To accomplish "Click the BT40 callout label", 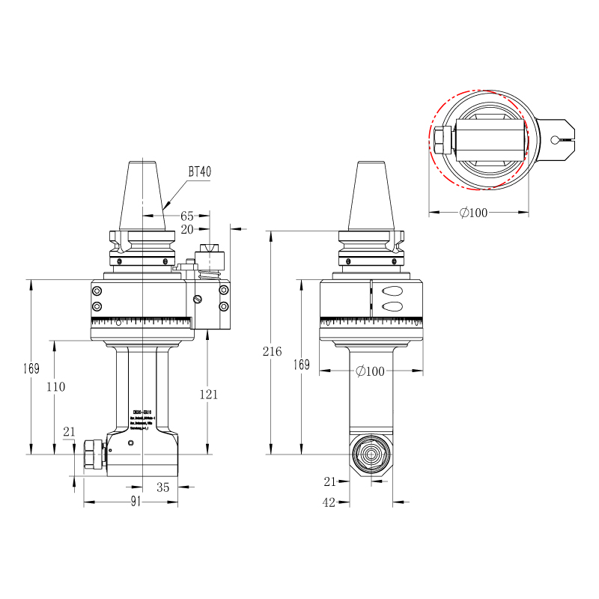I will [x=200, y=171].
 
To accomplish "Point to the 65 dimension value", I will [x=187, y=216].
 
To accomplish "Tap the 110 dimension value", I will [x=55, y=387].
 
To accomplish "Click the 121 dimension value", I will [x=208, y=394].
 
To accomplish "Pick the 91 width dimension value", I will [x=136, y=502].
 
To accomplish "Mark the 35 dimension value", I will [x=163, y=487].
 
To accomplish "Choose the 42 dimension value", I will [x=329, y=502].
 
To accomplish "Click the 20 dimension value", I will [x=186, y=229].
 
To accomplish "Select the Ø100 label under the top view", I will [x=472, y=213].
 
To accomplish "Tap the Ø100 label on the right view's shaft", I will [x=370, y=371].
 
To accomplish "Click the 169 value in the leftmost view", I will [x=31, y=368].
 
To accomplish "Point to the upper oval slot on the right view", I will [x=391, y=291].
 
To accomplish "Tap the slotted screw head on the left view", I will [x=198, y=300].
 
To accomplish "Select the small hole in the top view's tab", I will [x=554, y=139].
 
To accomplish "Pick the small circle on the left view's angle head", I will [x=132, y=444].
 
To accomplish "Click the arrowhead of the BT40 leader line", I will [x=164, y=207].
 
